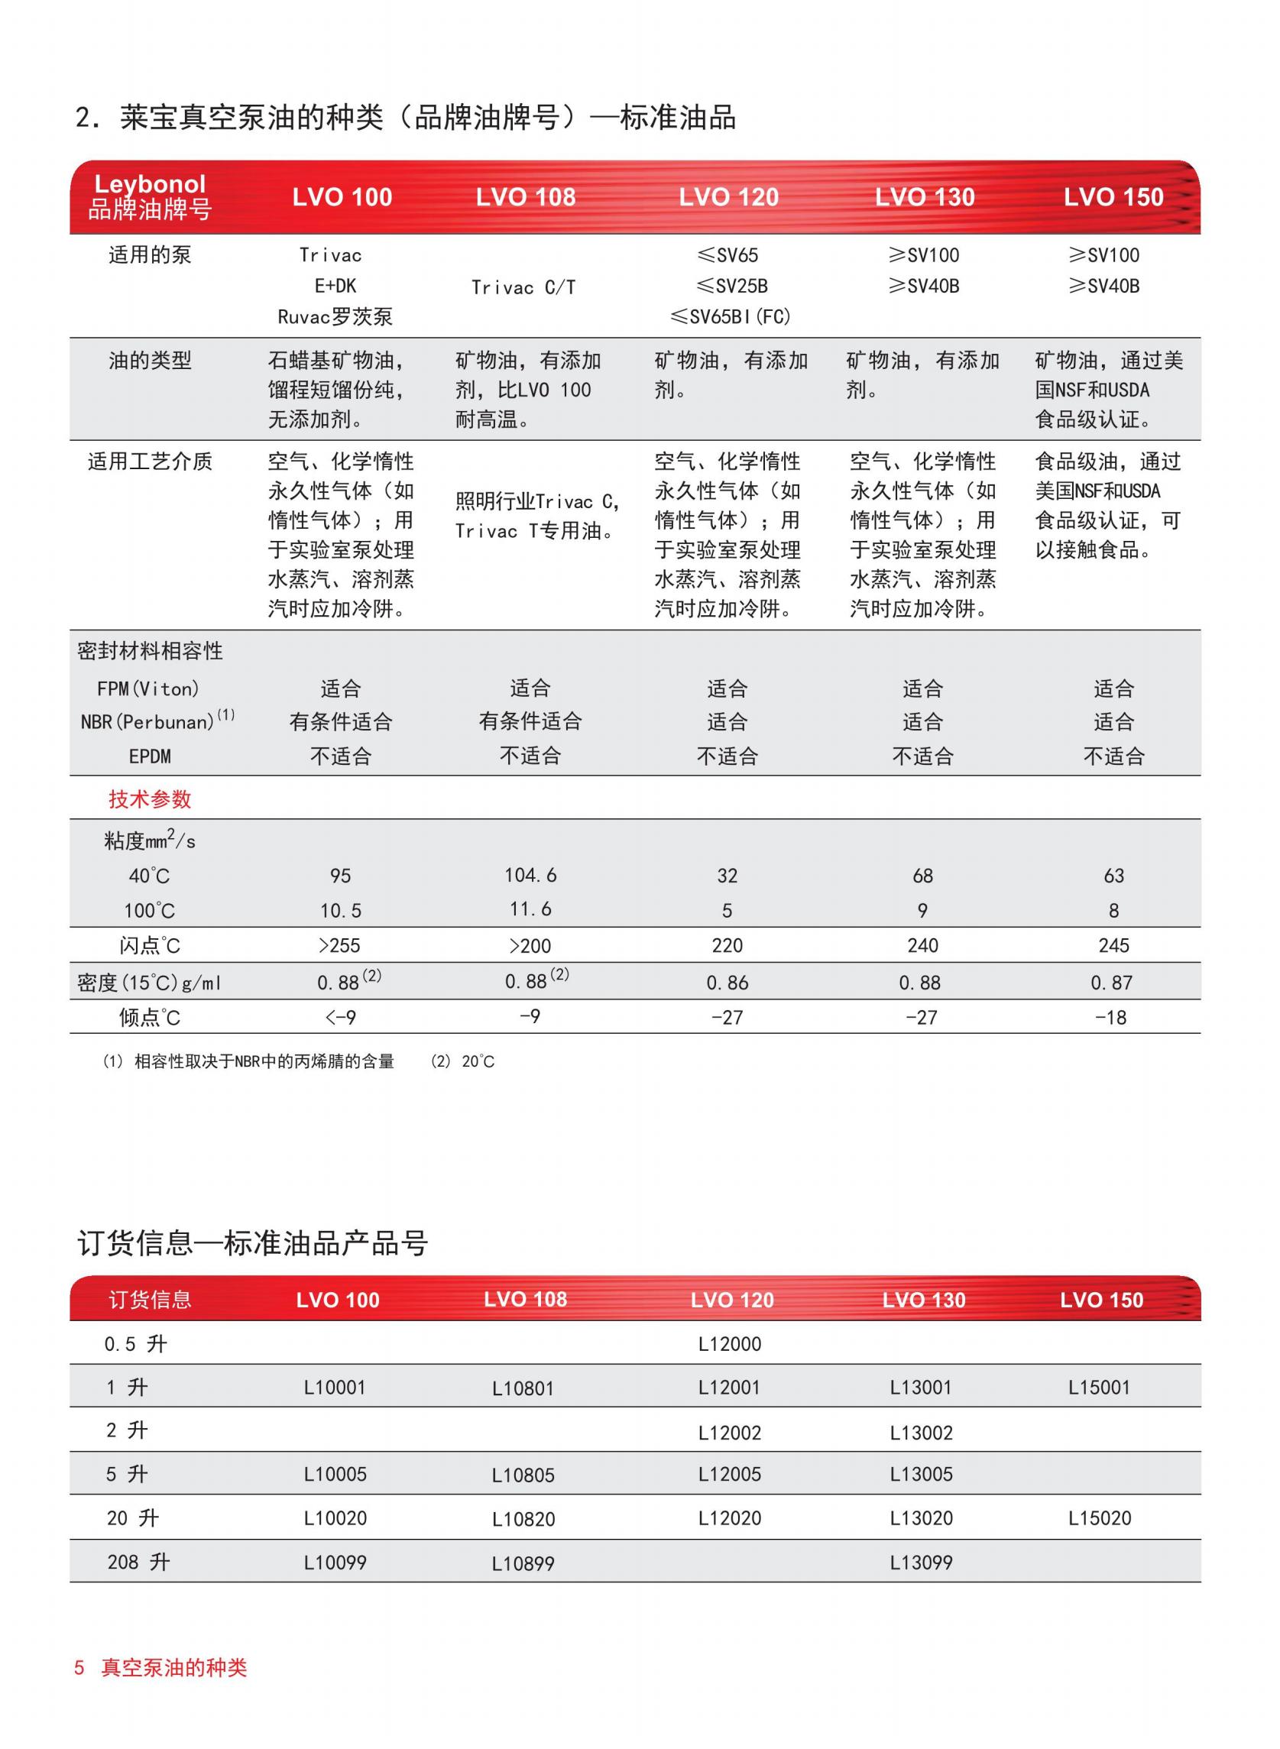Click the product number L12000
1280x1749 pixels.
(x=729, y=1344)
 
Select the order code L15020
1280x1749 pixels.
(x=1100, y=1518)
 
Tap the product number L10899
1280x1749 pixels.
(x=523, y=1563)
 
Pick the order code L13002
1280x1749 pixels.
(x=921, y=1432)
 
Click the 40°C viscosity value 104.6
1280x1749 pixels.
(x=531, y=876)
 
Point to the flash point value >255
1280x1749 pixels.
(x=339, y=945)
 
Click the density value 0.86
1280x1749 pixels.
(x=727, y=982)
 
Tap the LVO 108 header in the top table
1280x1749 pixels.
(x=525, y=196)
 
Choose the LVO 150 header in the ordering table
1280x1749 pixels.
(x=1101, y=1300)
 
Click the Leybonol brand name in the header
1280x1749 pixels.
(x=150, y=184)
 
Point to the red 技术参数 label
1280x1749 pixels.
(x=150, y=799)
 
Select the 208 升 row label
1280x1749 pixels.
(x=138, y=1562)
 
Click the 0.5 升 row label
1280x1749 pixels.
(x=135, y=1344)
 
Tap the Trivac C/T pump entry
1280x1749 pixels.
(x=523, y=287)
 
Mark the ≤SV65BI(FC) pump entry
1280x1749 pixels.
(x=730, y=316)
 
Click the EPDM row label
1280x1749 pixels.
(x=150, y=756)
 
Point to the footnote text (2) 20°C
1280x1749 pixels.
(x=462, y=1061)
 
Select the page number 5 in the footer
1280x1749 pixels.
(x=79, y=1668)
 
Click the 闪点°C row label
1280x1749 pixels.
(x=150, y=945)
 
